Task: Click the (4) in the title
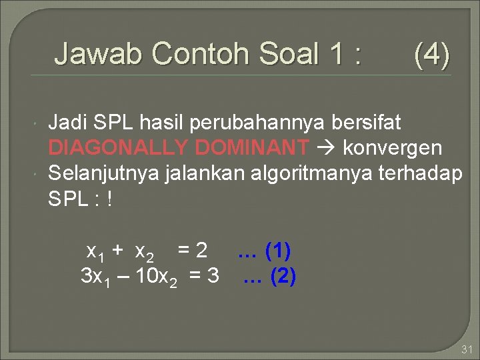(431, 53)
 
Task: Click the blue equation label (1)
(277, 251)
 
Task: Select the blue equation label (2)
(283, 275)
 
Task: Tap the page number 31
(466, 349)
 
